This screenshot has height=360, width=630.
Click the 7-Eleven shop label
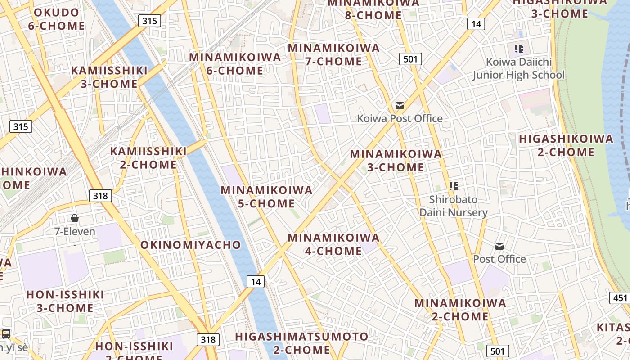(x=75, y=232)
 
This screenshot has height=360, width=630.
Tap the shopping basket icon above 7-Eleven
(x=75, y=218)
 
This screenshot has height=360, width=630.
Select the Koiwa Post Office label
(x=400, y=118)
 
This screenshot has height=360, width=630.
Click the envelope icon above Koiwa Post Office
(x=400, y=106)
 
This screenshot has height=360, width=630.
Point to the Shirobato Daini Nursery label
(x=454, y=206)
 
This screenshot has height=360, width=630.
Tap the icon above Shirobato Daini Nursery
(x=454, y=186)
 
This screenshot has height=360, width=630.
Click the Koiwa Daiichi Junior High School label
(x=518, y=68)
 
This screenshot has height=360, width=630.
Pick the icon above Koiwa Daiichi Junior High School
(x=519, y=48)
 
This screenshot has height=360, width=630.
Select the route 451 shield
(x=620, y=297)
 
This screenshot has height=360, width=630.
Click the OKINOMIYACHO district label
(x=191, y=245)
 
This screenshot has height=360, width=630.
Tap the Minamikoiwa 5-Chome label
(x=266, y=197)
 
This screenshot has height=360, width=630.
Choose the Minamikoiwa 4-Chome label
(x=333, y=244)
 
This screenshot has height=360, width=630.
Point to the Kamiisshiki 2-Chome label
(x=148, y=158)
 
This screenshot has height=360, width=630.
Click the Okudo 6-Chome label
(x=56, y=19)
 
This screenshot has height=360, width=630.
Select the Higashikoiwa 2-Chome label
(x=566, y=145)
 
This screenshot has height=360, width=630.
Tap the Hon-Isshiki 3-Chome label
(x=65, y=301)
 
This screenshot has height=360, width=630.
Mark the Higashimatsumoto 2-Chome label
(x=301, y=343)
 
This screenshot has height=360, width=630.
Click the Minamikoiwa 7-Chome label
(x=333, y=54)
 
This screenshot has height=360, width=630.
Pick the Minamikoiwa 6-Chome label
(x=235, y=64)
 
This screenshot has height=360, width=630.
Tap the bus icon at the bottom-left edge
(x=6, y=334)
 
